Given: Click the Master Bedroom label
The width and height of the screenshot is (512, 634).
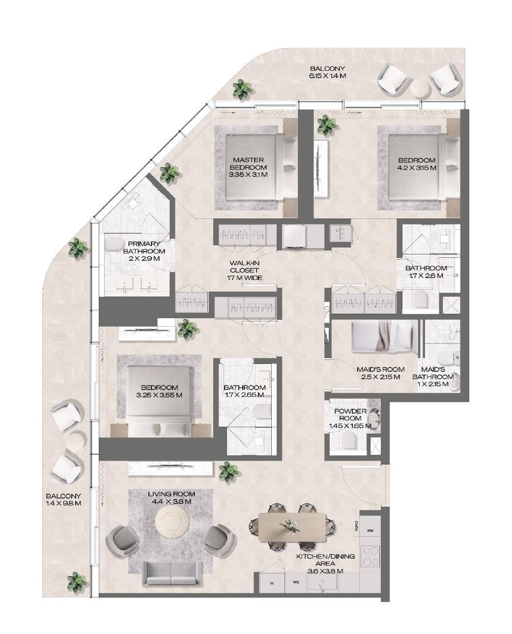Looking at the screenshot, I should pos(248,164).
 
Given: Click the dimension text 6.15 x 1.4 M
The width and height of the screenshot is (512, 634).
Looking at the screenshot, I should pos(327,76).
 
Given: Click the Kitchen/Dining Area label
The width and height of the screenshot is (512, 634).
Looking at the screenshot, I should pos(319,564).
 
